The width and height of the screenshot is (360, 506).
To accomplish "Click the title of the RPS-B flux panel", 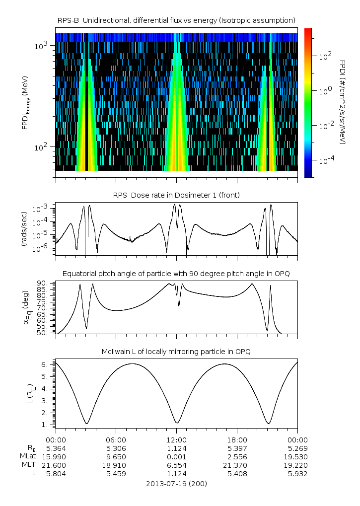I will pos(176,20).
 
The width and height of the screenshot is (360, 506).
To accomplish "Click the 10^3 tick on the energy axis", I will pos(41,46).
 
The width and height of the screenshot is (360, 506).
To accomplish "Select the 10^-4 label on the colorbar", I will pos(326,161).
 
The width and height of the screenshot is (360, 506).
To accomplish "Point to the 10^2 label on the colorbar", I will pos(325,57).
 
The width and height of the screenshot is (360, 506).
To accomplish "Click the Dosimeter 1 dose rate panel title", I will pos(176,195).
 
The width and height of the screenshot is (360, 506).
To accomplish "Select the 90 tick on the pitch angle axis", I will pos(44,283).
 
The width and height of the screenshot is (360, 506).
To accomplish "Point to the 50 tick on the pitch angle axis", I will pos(44,333).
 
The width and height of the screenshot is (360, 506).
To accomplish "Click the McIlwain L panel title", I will pos(176,352).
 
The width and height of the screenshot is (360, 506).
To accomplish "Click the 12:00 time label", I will pos(176,439).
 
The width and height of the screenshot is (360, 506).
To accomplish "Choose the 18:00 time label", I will pos(237,439).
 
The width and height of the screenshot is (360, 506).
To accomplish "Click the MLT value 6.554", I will pos(176,465).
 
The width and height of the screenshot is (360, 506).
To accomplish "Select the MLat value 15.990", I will pos(56,456).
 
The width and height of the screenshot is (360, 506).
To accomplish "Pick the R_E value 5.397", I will pos(237,448).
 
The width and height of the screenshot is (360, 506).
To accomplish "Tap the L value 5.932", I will pos(297,473).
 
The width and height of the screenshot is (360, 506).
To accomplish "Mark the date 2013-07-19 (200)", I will pos(176,483).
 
